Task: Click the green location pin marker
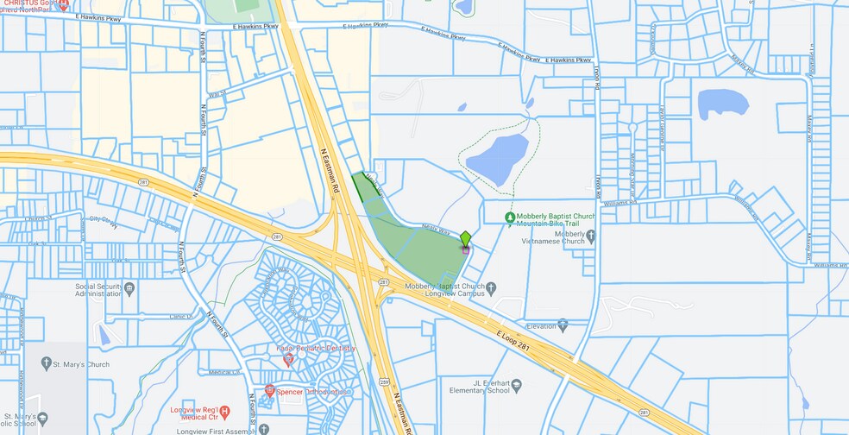465,238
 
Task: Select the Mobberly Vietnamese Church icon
591,235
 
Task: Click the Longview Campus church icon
491,287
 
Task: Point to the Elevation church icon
563,325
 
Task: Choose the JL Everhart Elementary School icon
516,385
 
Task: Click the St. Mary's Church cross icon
46,363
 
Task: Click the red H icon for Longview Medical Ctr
224,412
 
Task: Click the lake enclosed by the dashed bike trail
497,158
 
